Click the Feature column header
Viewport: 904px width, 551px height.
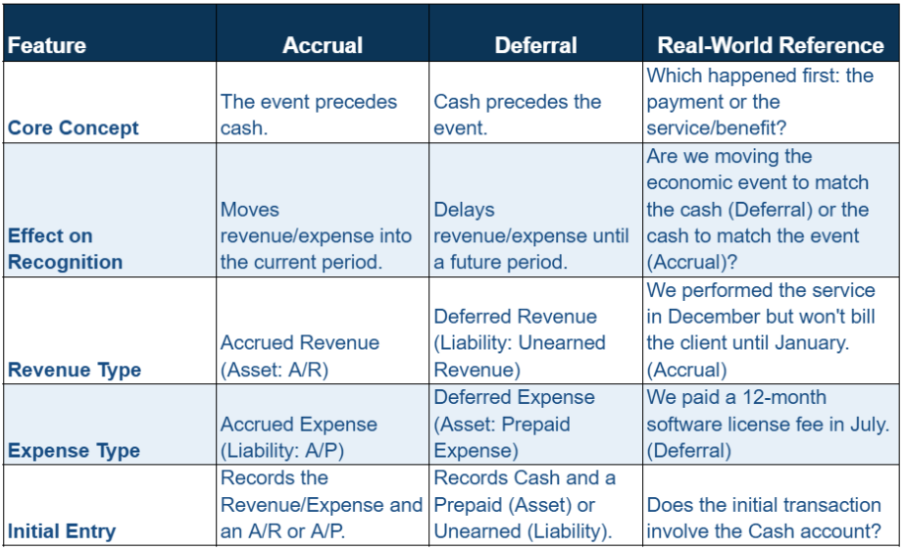47,46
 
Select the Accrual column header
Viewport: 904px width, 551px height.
323,46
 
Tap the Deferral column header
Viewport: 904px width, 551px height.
535,46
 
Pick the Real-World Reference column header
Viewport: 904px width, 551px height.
771,46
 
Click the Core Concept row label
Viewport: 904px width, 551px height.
74,128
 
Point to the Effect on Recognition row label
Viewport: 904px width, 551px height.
66,249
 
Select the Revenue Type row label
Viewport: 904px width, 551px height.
75,370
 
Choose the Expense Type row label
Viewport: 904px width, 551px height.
74,451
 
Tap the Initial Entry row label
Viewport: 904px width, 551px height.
62,531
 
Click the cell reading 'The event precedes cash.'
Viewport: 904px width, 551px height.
309,115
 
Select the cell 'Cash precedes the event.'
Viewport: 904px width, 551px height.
518,115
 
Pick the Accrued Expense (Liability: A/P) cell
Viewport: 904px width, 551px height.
299,437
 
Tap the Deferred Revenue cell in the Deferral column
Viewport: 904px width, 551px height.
520,342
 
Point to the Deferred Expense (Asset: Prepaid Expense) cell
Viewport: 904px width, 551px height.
515,424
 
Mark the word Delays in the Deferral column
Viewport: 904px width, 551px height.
464,210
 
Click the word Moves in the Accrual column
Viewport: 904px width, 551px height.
250,210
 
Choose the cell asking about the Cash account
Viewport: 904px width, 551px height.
764,518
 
